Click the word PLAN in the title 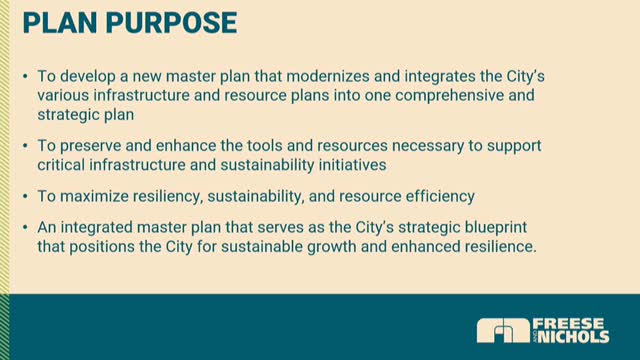pyautogui.click(x=60, y=22)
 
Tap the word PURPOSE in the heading pyautogui.click(x=171, y=22)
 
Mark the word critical pyautogui.click(x=61, y=165)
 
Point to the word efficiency pyautogui.click(x=440, y=197)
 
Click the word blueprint pyautogui.click(x=493, y=228)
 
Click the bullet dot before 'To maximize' pyautogui.click(x=25, y=197)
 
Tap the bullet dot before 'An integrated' pyautogui.click(x=25, y=227)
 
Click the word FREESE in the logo pyautogui.click(x=569, y=324)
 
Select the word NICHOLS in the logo pyautogui.click(x=574, y=337)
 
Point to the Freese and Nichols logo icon pyautogui.click(x=503, y=331)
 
